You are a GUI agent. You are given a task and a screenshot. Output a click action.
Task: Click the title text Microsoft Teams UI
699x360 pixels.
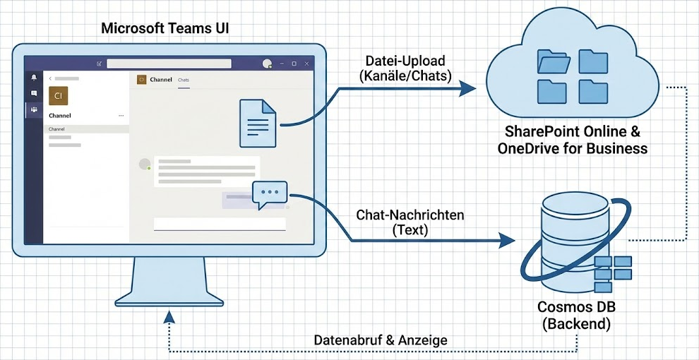click(x=165, y=29)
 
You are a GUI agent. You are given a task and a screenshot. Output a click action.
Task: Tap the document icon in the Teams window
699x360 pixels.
click(x=258, y=123)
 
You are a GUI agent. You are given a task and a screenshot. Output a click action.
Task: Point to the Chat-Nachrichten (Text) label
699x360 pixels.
click(x=410, y=222)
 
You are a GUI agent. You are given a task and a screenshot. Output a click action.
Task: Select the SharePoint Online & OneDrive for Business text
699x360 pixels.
click(x=572, y=140)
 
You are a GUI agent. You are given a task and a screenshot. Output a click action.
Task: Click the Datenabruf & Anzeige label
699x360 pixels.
click(x=381, y=340)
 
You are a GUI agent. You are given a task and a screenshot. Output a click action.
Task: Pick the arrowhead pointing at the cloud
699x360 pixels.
click(x=467, y=88)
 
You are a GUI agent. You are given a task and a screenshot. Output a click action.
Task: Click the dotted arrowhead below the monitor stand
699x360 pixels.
click(x=168, y=315)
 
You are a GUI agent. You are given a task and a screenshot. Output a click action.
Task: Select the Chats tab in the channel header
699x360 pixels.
click(x=184, y=80)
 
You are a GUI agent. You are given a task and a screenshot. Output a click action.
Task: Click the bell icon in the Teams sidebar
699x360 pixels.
click(x=34, y=77)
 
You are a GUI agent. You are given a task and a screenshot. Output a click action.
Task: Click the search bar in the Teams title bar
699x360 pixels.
click(x=169, y=64)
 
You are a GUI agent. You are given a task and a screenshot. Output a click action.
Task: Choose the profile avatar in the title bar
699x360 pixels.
click(x=267, y=64)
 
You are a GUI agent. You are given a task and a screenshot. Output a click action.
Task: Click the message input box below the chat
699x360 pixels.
click(x=220, y=224)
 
